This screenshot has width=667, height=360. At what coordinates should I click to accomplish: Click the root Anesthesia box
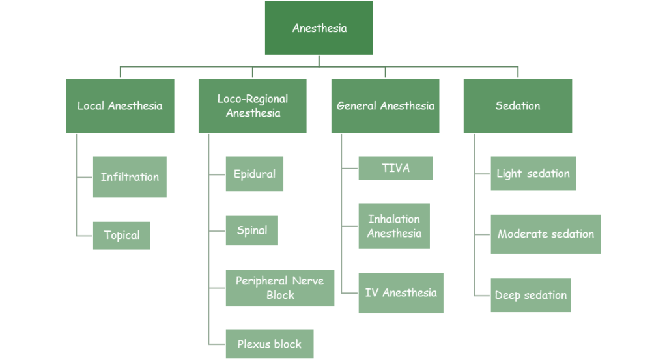coord(319,28)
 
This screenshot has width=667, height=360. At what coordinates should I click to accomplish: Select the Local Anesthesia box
coord(120,105)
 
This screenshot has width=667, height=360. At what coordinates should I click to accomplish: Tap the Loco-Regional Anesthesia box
coord(252,105)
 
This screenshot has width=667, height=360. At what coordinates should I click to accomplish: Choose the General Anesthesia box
coord(385,105)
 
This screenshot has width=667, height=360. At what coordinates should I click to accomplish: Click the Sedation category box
coord(518,105)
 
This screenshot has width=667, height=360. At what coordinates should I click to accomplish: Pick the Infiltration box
coord(130,176)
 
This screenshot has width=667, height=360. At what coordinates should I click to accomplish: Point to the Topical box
coord(122,235)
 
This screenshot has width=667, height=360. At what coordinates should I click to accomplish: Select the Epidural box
coord(254,174)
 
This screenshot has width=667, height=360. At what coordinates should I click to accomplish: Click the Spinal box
coord(251,230)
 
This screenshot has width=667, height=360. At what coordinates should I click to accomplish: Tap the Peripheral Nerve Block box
coord(280,287)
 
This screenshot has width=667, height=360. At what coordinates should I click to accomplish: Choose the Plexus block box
coord(269,344)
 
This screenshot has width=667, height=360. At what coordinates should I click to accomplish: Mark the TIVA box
coord(395,168)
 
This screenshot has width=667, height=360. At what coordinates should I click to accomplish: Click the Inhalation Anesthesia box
coord(394,226)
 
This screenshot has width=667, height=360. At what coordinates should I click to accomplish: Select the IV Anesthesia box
coord(401,292)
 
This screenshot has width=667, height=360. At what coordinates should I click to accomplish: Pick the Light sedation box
coord(533,173)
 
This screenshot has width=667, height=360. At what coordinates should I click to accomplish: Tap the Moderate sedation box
coord(546,234)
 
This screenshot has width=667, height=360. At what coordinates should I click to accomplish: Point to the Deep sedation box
coord(531,295)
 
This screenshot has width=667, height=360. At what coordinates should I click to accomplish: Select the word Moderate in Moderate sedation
coord(522,234)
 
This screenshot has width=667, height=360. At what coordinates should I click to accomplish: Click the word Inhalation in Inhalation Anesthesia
coord(394,219)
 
